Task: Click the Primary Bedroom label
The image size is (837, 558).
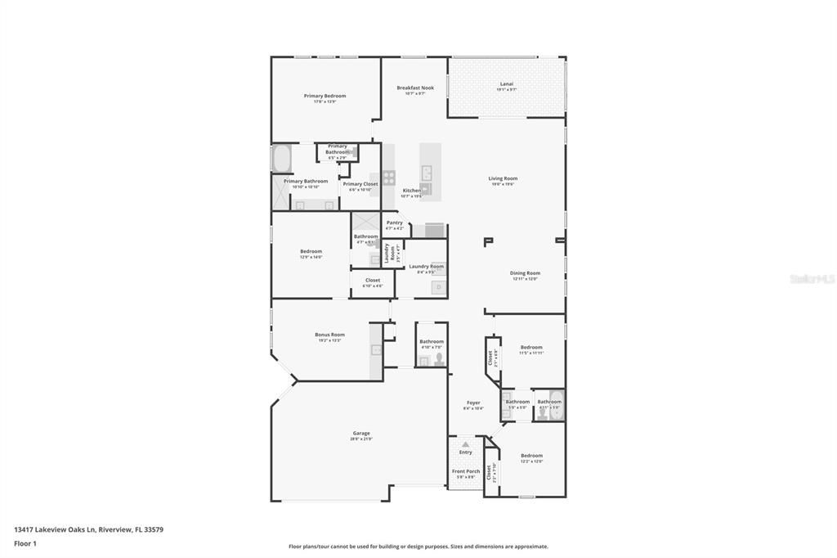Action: (320, 97)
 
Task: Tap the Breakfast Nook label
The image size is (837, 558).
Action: (415, 88)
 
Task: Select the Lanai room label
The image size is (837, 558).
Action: (507, 84)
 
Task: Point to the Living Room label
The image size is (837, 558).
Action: (503, 179)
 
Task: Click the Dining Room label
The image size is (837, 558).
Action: (525, 274)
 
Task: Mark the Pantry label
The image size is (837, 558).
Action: (395, 223)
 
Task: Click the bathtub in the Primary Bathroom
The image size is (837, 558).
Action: (282, 157)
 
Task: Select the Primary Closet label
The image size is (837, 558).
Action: (360, 185)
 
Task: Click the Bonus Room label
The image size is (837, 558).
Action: (329, 335)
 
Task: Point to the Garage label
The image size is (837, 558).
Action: (361, 434)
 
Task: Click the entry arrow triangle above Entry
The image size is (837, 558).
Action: (465, 444)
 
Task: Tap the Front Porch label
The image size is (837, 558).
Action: (466, 472)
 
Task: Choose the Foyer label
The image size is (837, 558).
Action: (473, 403)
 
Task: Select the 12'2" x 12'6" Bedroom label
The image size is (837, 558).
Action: (531, 457)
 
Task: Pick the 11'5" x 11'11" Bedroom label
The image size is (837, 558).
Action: (530, 349)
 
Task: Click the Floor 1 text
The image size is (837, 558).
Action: (24, 543)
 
